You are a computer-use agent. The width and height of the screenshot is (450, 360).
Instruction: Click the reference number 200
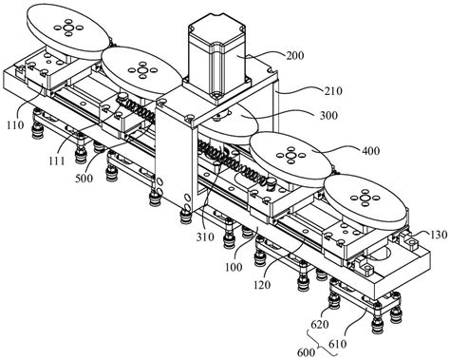coord(295,56)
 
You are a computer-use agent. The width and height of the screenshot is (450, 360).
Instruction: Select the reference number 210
coord(333,91)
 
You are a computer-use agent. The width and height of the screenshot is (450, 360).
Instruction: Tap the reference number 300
coord(328,115)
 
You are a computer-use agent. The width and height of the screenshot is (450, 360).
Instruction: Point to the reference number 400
coord(370,150)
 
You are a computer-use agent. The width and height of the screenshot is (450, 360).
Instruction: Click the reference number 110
coord(15,125)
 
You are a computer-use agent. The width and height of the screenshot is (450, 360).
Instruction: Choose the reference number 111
coord(57,161)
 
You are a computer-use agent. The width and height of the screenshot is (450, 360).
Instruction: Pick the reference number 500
coord(84,179)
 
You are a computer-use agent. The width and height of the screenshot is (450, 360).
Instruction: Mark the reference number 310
coord(205,237)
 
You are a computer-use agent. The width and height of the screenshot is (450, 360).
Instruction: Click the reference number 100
coord(234,267)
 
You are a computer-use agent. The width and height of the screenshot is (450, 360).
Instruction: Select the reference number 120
coord(262,285)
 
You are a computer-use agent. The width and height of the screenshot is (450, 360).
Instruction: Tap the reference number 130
coord(439,235)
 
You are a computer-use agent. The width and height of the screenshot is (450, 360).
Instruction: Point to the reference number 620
coord(320,324)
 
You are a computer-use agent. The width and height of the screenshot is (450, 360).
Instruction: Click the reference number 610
coord(338,344)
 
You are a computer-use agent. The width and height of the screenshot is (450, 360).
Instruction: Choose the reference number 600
coord(307,352)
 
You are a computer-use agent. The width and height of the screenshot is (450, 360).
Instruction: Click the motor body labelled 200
coord(217,59)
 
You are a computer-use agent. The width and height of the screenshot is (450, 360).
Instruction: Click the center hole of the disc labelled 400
coord(291,155)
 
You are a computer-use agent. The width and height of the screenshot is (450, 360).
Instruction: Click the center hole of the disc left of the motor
coord(142,70)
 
